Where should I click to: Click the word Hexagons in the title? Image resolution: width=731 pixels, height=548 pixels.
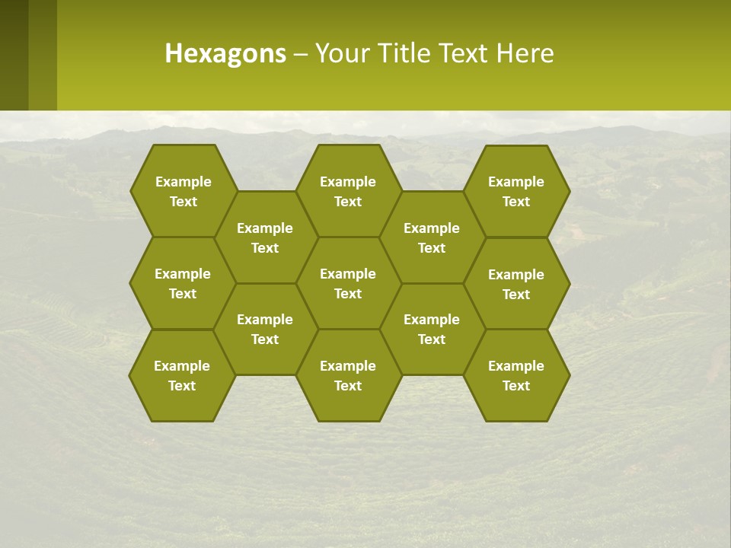click(225, 53)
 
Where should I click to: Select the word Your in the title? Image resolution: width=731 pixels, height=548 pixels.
click(340, 53)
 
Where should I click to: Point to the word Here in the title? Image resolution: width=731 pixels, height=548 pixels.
click(525, 53)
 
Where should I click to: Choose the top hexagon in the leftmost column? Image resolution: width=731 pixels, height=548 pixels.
click(183, 191)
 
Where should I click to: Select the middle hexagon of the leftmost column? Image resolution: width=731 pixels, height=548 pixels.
click(183, 283)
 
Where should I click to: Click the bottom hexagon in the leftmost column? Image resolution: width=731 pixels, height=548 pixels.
click(182, 375)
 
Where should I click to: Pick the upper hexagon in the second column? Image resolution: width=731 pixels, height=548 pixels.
click(265, 237)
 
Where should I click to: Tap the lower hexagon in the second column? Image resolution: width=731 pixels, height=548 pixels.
click(265, 329)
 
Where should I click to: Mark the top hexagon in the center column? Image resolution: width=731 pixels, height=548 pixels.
click(348, 191)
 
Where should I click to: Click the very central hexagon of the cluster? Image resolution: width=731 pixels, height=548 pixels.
click(348, 283)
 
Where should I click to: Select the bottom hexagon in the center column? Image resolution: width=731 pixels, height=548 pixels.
click(348, 375)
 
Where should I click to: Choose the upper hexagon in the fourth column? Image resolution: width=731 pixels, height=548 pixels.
click(432, 237)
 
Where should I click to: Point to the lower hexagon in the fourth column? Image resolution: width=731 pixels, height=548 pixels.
click(432, 329)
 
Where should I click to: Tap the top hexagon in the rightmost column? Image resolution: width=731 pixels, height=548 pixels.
click(516, 191)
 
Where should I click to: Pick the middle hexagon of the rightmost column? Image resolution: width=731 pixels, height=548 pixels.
click(516, 284)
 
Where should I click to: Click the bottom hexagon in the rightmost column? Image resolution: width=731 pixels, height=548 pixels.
click(516, 375)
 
